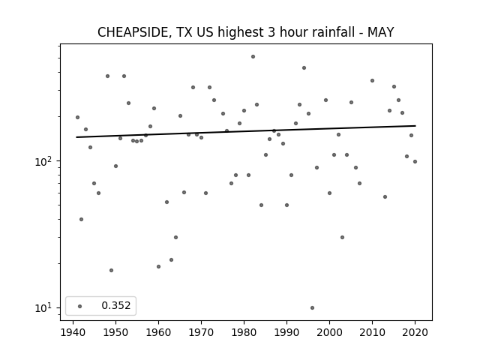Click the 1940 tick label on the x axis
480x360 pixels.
(x=73, y=332)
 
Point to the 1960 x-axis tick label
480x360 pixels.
(x=158, y=332)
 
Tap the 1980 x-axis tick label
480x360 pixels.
(x=244, y=332)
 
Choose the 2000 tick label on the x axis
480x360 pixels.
(x=329, y=332)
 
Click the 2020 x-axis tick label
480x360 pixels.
(x=415, y=332)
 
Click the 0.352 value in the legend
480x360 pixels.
(x=116, y=305)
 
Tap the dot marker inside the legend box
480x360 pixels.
(x=80, y=306)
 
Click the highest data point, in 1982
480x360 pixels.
(x=253, y=57)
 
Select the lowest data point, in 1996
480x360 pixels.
(x=312, y=307)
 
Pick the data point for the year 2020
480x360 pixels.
(x=415, y=162)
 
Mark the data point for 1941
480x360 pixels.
(x=77, y=117)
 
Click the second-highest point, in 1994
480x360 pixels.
(x=304, y=68)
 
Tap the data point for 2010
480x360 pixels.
(x=372, y=80)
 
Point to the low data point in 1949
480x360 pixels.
(x=112, y=270)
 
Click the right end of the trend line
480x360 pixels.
(x=415, y=126)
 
